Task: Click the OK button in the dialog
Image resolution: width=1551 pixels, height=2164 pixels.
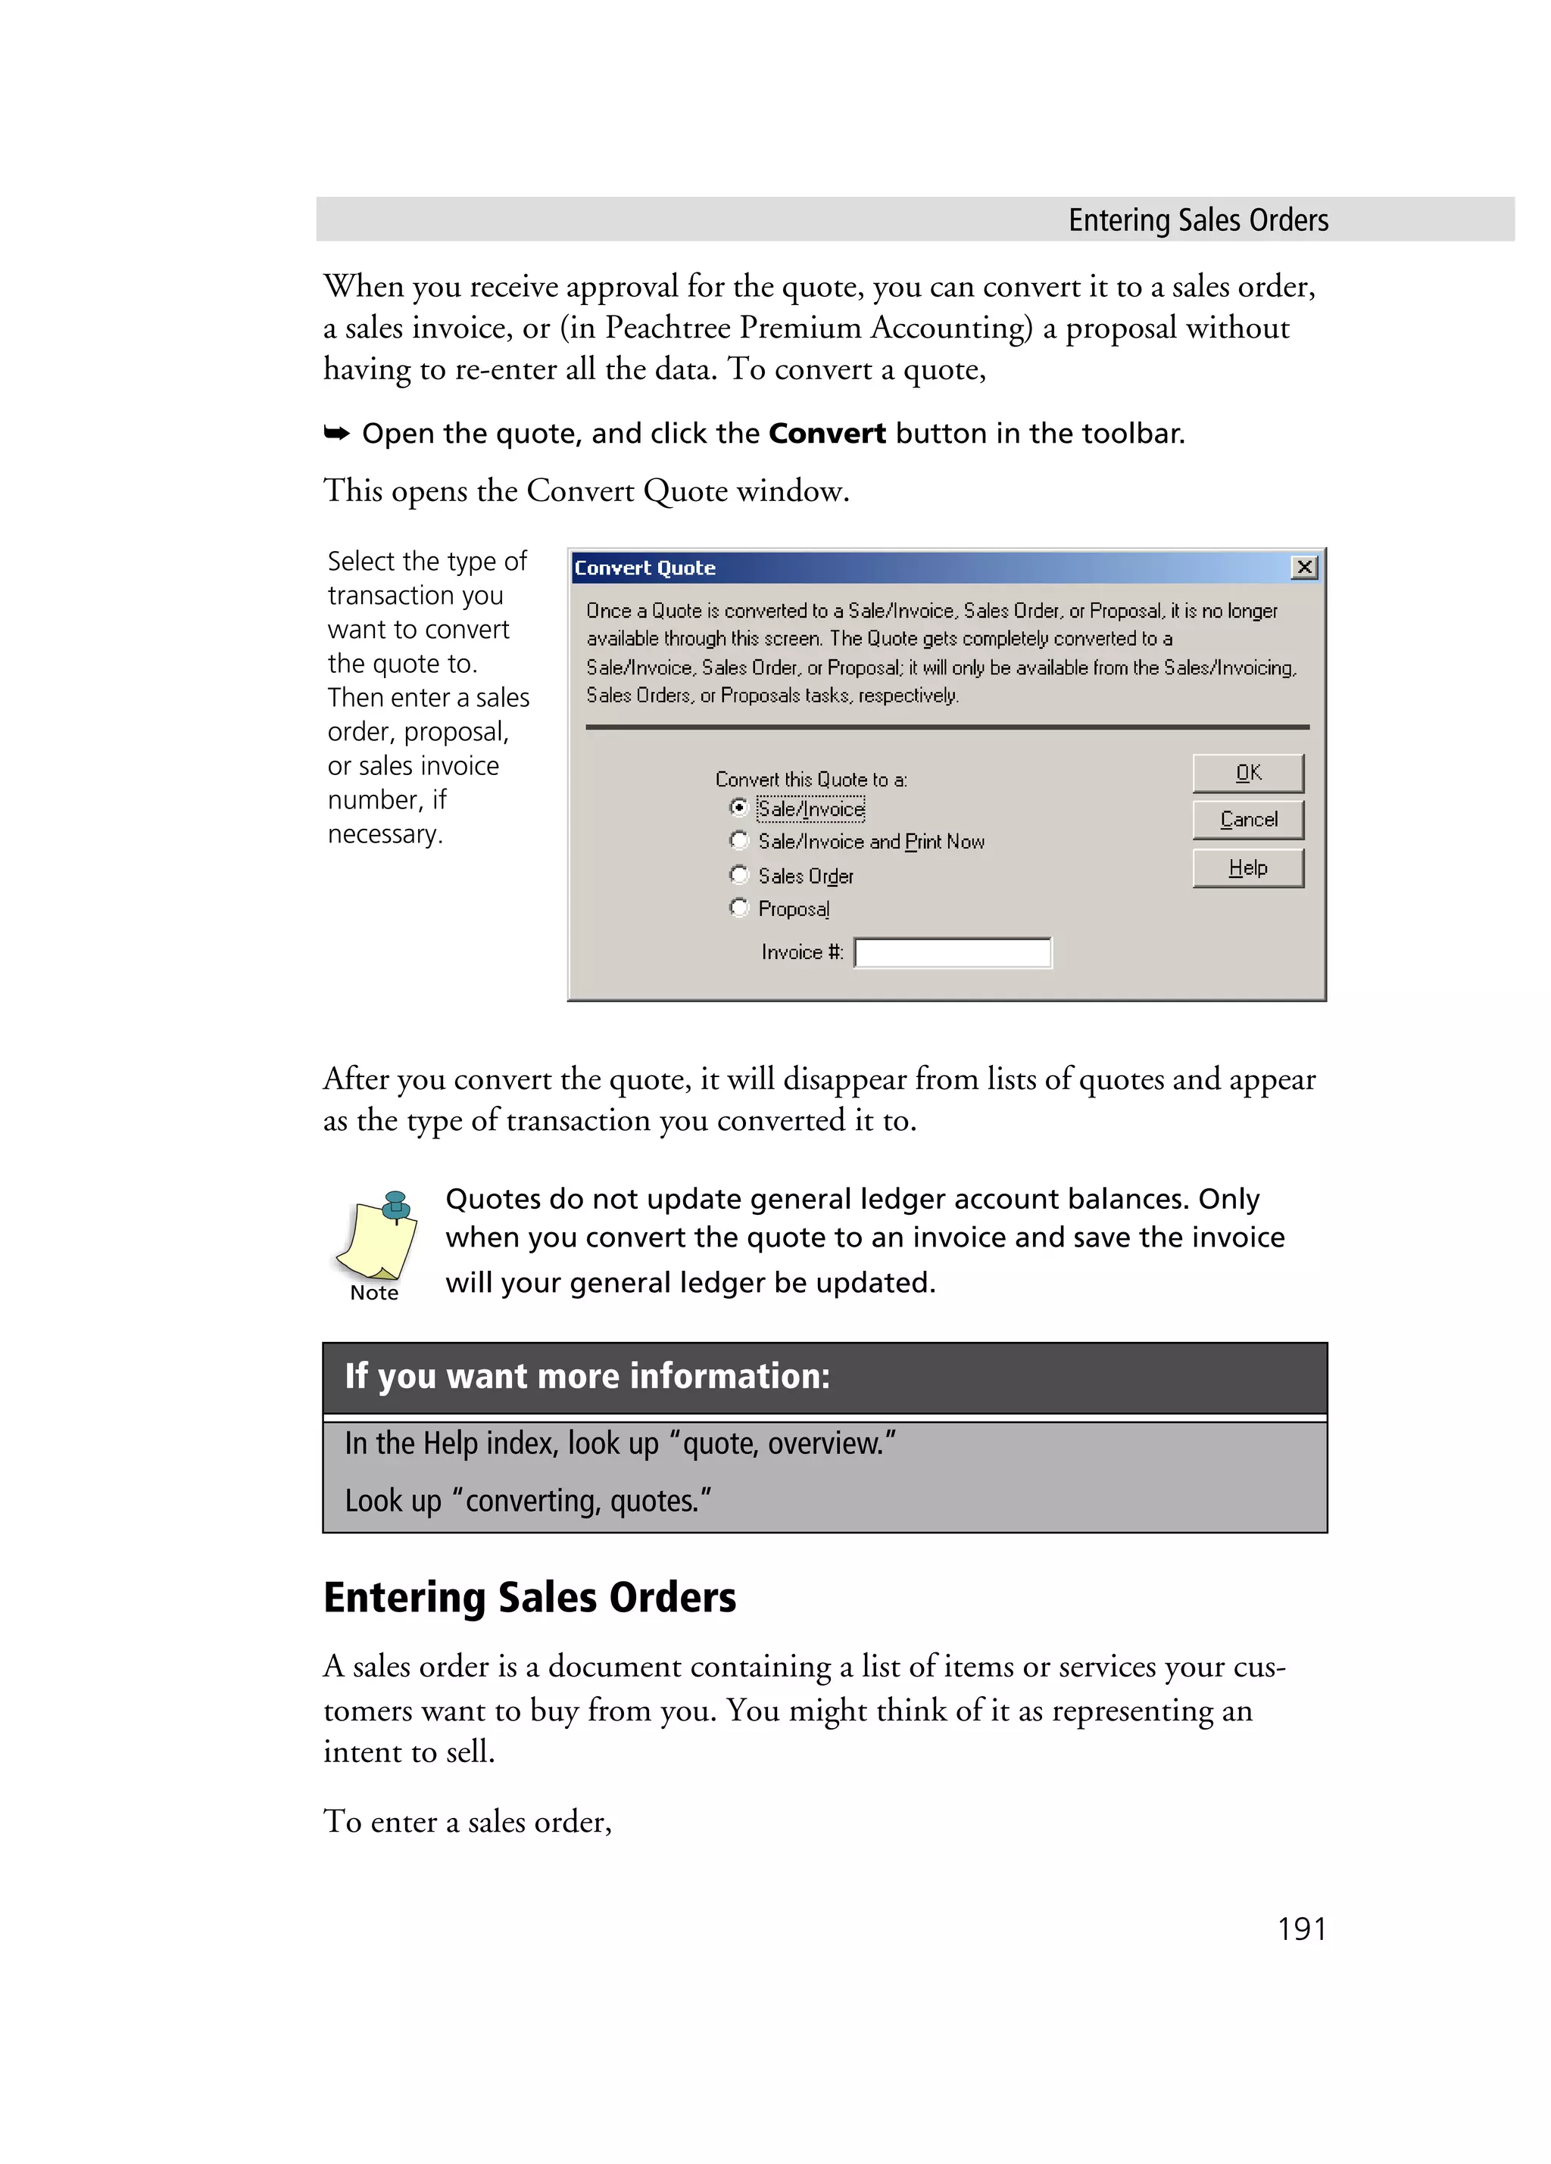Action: (1247, 773)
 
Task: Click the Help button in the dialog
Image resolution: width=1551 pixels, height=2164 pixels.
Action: (1247, 868)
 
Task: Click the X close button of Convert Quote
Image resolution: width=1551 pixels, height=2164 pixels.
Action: (1304, 568)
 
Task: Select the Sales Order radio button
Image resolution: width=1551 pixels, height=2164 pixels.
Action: (738, 875)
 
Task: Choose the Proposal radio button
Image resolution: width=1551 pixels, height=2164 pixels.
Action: (738, 908)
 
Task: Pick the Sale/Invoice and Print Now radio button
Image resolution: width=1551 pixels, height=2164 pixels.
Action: (738, 841)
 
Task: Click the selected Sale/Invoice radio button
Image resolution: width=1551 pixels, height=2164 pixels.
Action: (738, 807)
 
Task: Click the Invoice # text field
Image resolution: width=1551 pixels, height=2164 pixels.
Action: (952, 952)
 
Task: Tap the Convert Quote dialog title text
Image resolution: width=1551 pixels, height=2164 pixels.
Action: (644, 568)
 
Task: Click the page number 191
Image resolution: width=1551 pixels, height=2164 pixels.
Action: (1301, 1929)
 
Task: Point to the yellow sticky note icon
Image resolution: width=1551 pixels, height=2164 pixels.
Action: (378, 1235)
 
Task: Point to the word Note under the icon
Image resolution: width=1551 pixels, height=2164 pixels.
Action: (374, 1293)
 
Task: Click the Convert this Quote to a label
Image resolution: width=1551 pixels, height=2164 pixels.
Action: (810, 780)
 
